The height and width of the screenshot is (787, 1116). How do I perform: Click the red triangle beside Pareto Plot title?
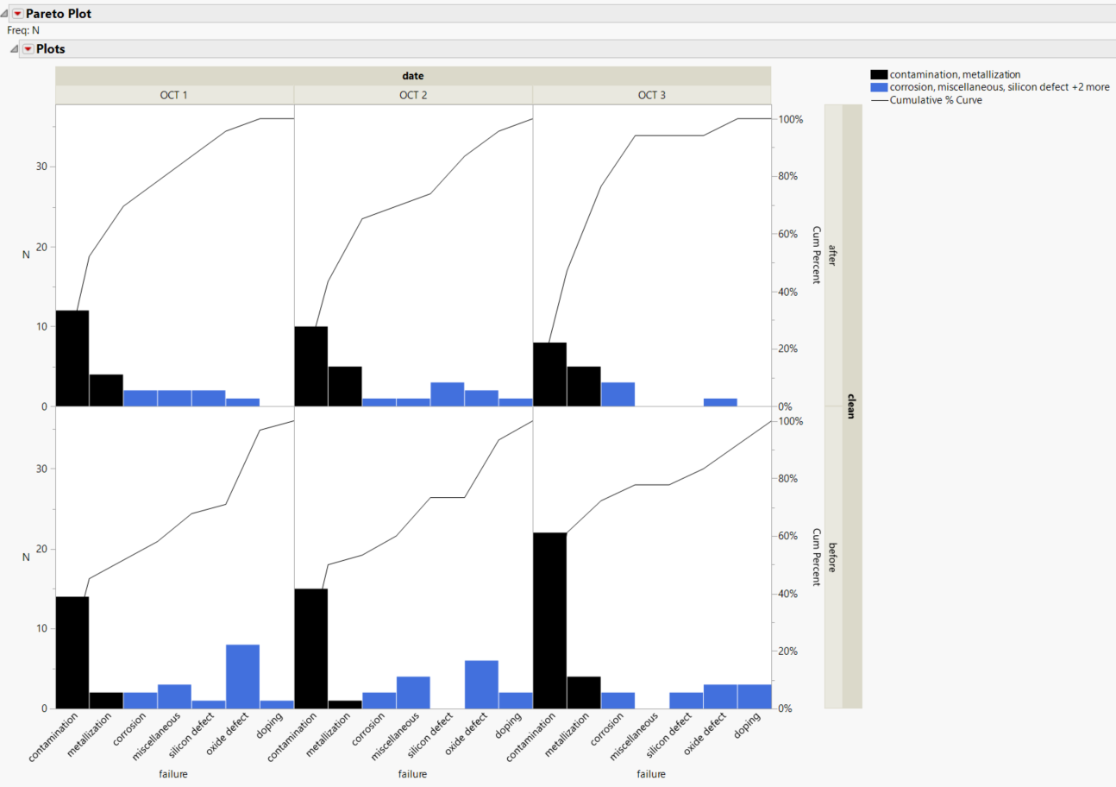17,14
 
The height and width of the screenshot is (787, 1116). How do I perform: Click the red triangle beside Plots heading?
28,49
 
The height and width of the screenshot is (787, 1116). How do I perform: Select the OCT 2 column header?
413,95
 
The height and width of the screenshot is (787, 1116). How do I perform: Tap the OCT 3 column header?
651,95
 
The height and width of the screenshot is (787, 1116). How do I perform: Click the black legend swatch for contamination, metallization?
879,75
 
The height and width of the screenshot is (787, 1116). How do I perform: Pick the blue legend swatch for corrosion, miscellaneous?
879,87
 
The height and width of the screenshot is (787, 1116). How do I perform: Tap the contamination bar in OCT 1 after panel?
72,358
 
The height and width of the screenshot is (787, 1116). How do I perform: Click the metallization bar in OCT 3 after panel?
584,386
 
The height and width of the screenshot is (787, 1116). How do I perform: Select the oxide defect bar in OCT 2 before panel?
481,683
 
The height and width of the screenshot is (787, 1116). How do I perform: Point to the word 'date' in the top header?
413,76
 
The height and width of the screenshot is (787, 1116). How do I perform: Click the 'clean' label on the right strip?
850,406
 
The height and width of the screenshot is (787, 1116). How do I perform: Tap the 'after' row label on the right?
832,255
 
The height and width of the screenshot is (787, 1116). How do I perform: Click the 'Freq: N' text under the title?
23,30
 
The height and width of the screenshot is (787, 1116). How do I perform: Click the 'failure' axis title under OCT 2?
413,774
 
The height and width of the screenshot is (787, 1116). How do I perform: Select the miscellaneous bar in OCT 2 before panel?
413,691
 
